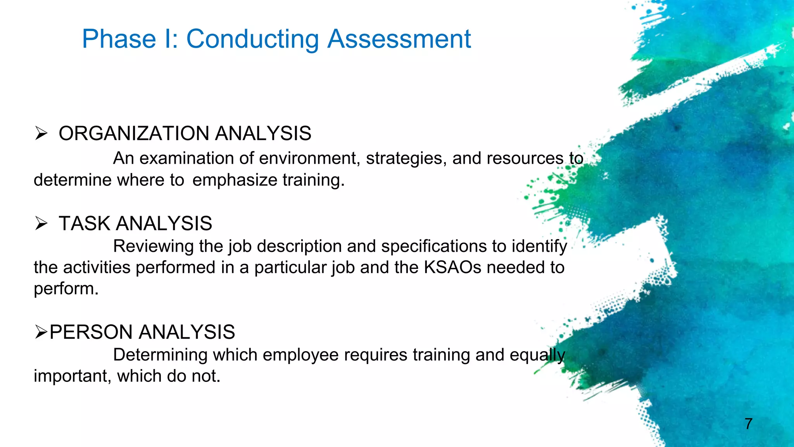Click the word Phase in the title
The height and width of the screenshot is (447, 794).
[x=119, y=39]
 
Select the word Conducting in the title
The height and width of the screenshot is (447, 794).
[x=253, y=39]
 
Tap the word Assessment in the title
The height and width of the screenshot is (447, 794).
[x=399, y=39]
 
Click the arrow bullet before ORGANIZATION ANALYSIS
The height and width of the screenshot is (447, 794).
[x=41, y=133]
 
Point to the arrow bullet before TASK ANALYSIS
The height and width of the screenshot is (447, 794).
[x=41, y=223]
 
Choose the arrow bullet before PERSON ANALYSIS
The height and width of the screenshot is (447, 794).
[x=41, y=332]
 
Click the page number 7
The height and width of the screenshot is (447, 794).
[x=748, y=424]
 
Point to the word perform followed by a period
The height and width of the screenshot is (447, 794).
[x=66, y=289]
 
